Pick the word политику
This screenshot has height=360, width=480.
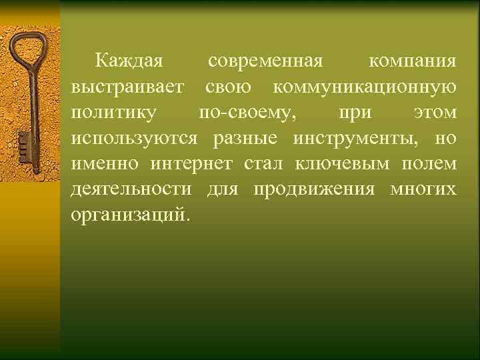tap(115, 113)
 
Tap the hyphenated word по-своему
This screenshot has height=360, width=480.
tap(246, 113)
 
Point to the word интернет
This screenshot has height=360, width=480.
tap(192, 163)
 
